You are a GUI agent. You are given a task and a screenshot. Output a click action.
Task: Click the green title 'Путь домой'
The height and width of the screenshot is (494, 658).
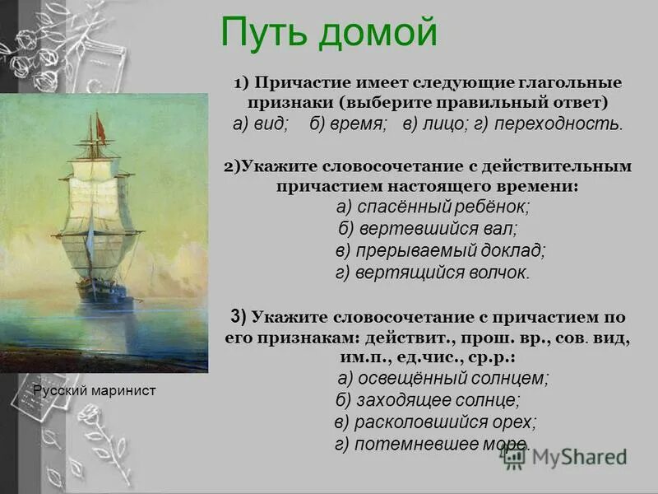click(x=328, y=34)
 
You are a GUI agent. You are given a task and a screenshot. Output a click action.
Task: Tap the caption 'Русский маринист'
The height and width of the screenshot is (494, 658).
click(x=94, y=391)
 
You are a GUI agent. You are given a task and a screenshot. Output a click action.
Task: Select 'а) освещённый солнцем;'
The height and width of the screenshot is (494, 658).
click(x=443, y=378)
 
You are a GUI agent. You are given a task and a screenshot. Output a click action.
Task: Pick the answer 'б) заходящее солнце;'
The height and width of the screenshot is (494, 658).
click(x=428, y=400)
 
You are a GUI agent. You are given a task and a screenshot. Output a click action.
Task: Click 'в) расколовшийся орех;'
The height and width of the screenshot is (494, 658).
click(x=435, y=422)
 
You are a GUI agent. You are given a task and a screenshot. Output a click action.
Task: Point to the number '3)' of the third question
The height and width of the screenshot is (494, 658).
click(x=239, y=316)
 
